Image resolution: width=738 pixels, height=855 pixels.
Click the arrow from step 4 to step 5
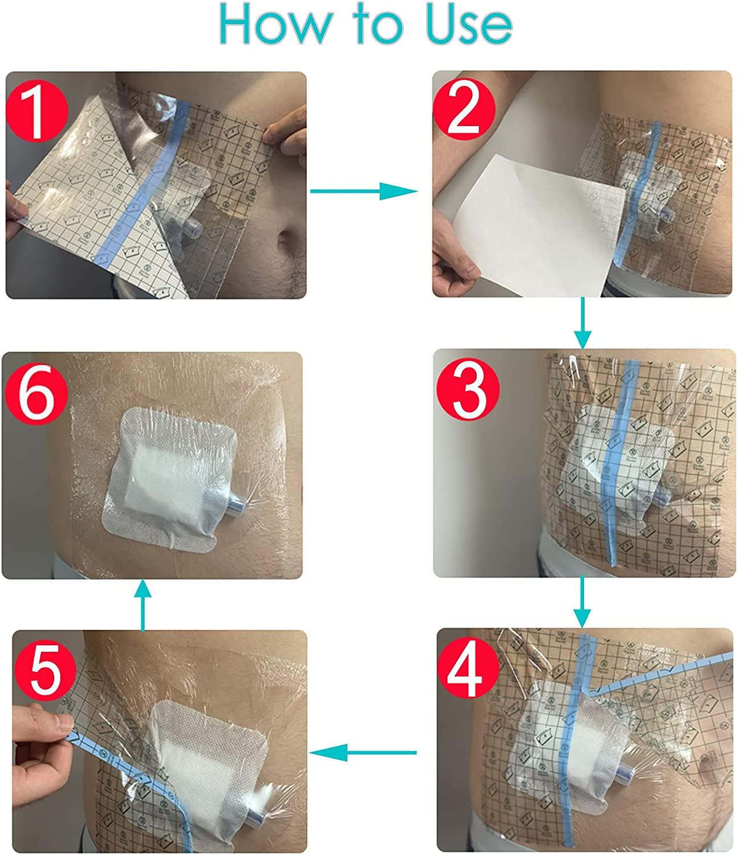[x=365, y=753]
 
